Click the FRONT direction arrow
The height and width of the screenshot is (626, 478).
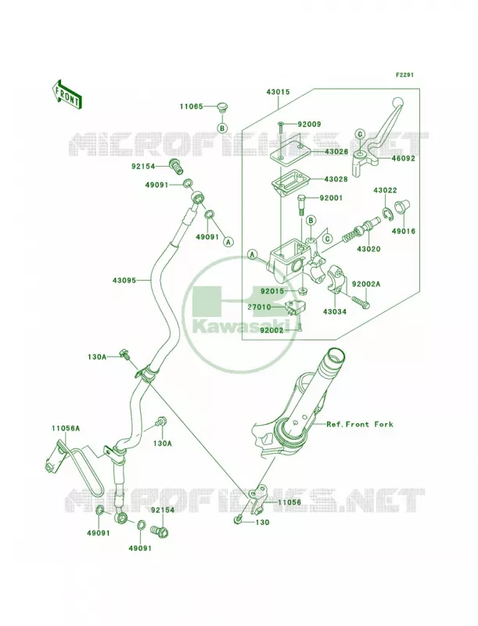coord(66,94)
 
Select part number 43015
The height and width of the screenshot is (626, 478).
coord(278,92)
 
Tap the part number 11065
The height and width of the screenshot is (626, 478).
coord(191,106)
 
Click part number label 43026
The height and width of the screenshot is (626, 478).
coord(336,152)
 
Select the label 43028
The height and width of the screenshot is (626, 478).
coord(336,179)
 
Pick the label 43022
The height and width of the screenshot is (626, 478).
coord(385,191)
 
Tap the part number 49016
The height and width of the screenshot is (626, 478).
coord(403,231)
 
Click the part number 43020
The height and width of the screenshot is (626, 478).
coord(368,249)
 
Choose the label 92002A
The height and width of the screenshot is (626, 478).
coord(366,284)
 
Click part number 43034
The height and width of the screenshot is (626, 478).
coord(335,311)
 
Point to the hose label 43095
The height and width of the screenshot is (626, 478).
coord(124,280)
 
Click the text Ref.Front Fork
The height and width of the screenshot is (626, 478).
coord(360,424)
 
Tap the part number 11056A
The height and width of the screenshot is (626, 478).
coord(66,428)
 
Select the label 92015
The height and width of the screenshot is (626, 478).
coord(272,291)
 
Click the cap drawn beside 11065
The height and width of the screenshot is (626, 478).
coord(223,108)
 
